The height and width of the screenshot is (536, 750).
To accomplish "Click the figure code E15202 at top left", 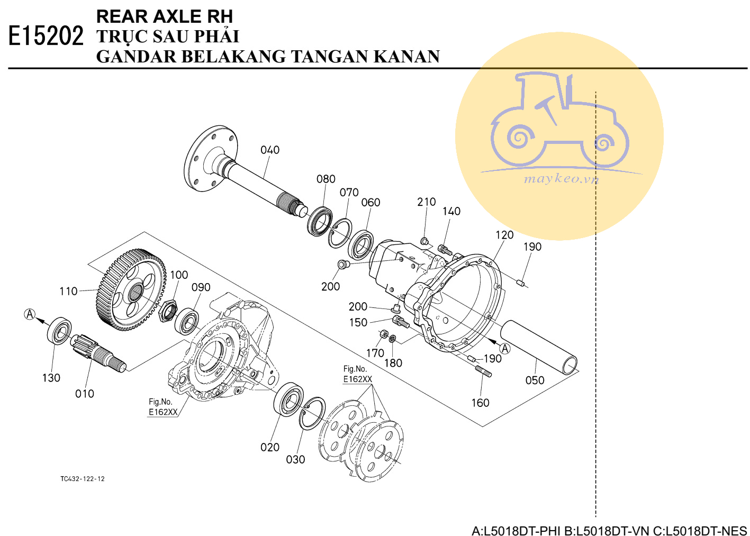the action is coord(46,36).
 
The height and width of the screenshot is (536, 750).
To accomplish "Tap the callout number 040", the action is coord(270,150).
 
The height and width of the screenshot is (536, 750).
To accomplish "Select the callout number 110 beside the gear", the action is coord(68,291).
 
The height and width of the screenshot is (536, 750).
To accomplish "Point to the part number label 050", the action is coord(535,380).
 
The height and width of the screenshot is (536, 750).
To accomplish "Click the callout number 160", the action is coord(480,403).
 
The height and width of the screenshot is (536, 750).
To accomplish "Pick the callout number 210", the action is coord(426,202).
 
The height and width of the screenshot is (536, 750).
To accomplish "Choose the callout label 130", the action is coord(51,378).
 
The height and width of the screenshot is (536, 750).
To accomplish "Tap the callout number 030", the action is coord(295,460).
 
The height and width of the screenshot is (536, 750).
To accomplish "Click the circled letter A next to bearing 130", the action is coord(30,314).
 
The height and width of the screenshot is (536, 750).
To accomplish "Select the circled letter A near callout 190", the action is coord(505,349).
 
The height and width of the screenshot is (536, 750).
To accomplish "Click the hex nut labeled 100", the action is coord(168,311).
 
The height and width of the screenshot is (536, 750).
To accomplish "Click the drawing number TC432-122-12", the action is coord(83,479).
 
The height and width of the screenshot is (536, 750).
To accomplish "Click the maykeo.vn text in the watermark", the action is coord(562,179).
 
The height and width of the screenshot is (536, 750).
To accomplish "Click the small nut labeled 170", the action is coord(383,334).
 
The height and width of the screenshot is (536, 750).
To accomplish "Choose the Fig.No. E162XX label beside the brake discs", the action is coord(358,374).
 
